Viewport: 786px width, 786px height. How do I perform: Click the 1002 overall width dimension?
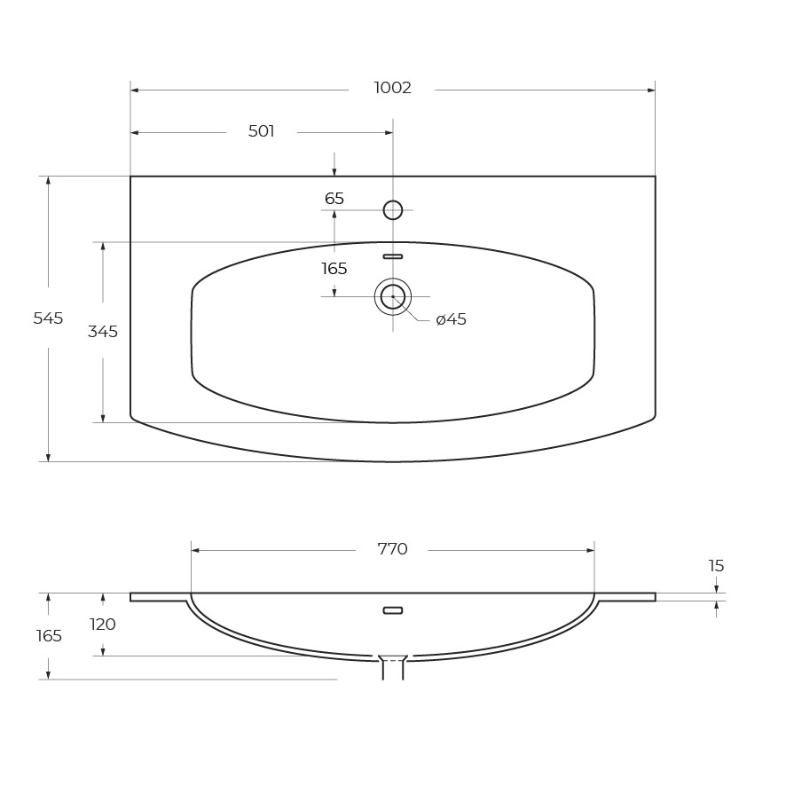click(x=392, y=88)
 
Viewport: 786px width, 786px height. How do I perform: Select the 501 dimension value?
click(x=261, y=131)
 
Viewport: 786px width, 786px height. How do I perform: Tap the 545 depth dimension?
click(x=48, y=318)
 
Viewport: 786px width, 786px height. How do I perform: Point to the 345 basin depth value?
click(x=103, y=331)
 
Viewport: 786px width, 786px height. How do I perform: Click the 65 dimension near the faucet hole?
click(x=334, y=199)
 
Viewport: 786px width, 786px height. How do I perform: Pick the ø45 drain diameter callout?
click(x=452, y=319)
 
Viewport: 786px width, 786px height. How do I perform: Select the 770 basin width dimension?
click(x=392, y=549)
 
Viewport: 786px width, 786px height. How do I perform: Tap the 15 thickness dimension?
click(x=716, y=566)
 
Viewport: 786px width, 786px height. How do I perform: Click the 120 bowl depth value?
click(x=103, y=625)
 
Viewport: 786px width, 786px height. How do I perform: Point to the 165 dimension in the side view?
click(x=49, y=636)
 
